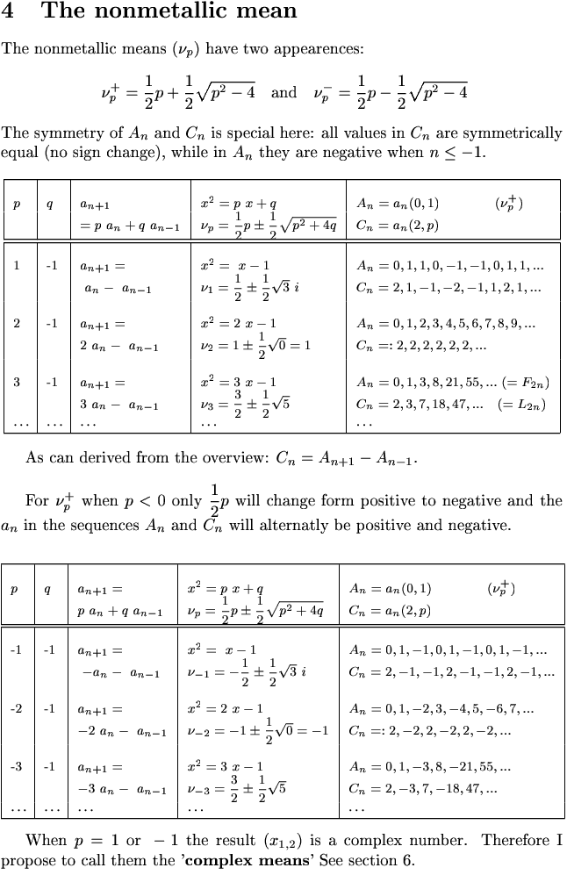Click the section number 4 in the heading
pyautogui.click(x=8, y=12)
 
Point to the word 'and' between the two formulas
pyautogui.click(x=283, y=92)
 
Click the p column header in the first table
pyautogui.click(x=17, y=204)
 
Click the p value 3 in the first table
pyautogui.click(x=17, y=383)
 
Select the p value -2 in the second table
pyautogui.click(x=17, y=708)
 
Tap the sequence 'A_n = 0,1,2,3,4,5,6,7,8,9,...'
pyautogui.click(x=446, y=324)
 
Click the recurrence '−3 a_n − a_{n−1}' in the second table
pyautogui.click(x=118, y=789)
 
